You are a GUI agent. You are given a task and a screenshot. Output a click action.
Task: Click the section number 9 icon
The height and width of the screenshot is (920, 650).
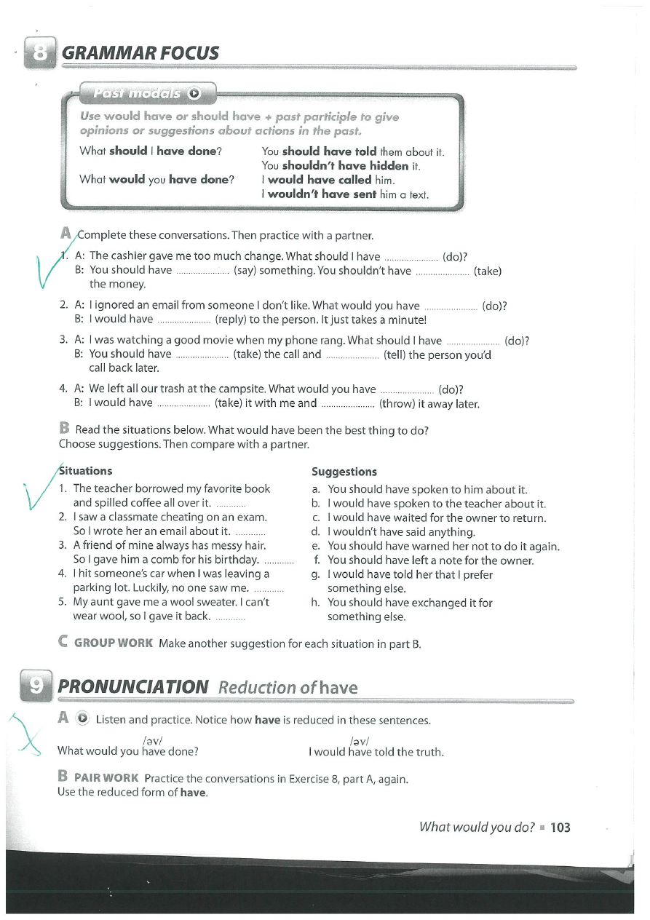(x=38, y=686)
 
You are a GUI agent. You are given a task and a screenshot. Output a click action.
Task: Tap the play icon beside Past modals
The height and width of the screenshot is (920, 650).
(x=194, y=93)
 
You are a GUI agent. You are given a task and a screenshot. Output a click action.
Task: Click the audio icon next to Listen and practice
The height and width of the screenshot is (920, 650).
(x=83, y=719)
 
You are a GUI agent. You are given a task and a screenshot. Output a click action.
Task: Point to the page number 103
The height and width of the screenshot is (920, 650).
(x=560, y=827)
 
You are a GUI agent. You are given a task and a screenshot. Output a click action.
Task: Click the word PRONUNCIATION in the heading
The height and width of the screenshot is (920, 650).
(x=132, y=687)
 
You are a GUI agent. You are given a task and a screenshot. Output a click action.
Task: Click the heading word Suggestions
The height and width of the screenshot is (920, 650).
(x=344, y=472)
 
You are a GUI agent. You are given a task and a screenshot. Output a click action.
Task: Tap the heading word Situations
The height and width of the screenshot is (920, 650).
(x=85, y=471)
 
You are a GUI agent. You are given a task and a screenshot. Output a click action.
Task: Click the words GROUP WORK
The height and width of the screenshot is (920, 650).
(x=114, y=643)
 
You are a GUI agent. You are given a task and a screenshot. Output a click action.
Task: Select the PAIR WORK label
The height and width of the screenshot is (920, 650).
(x=106, y=778)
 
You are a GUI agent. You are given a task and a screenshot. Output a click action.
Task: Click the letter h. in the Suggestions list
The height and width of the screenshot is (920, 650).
(x=316, y=603)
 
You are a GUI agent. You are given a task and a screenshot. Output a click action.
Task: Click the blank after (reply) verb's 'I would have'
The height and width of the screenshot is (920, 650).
(x=183, y=320)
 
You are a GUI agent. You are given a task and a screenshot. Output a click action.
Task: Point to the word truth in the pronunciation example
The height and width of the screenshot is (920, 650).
(x=428, y=752)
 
